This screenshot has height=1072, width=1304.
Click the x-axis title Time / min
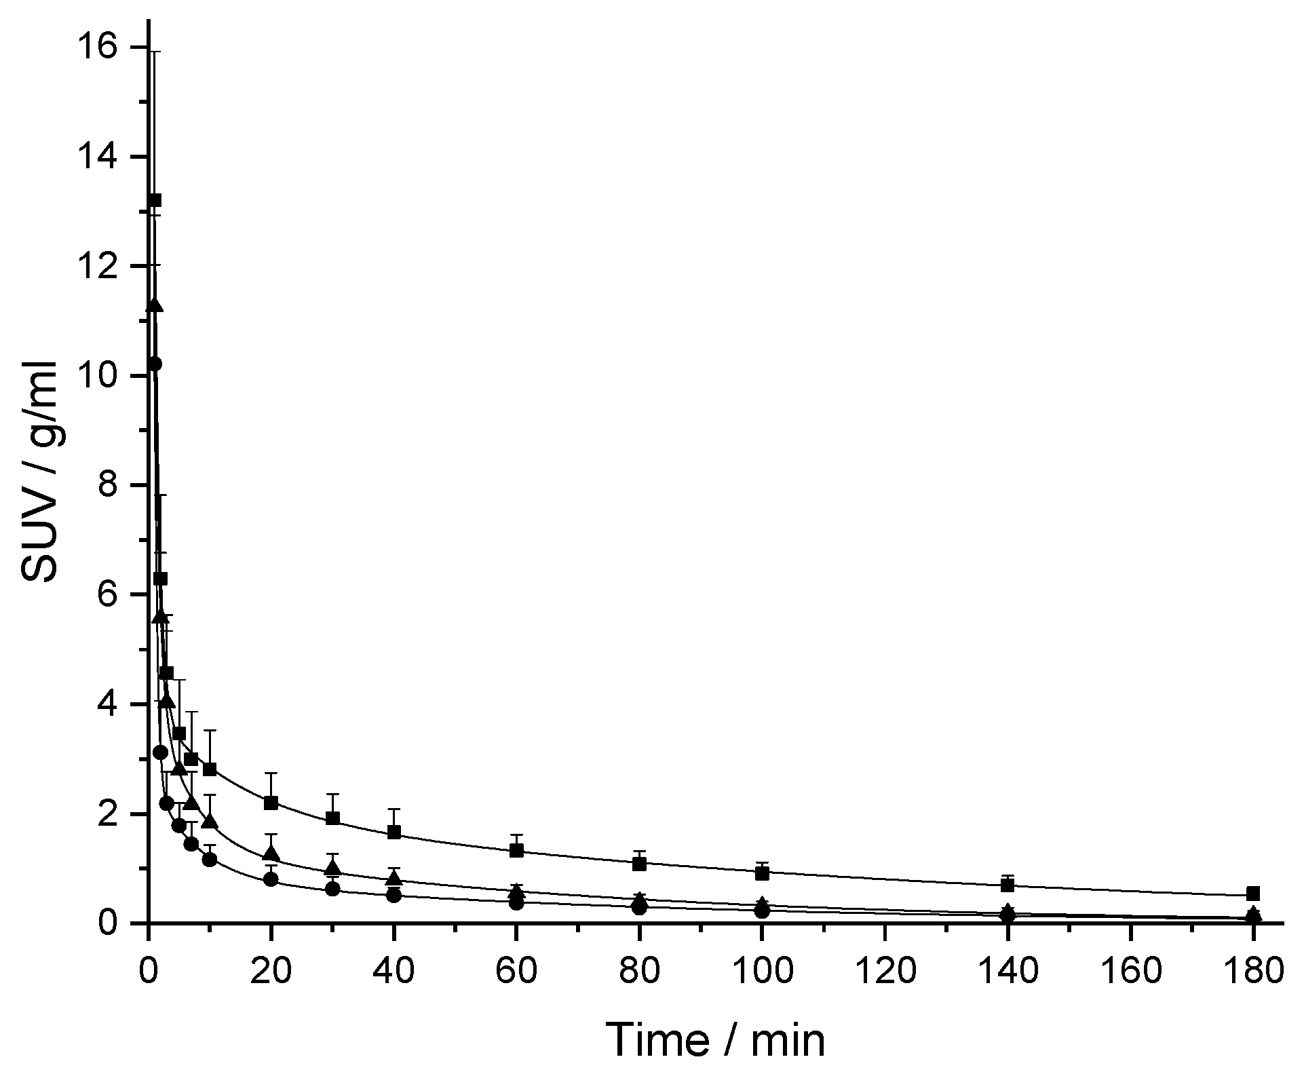716,1039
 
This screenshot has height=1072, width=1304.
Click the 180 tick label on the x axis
1253,971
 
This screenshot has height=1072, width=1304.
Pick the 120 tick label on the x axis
885,971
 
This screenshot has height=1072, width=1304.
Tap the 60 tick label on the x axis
516,971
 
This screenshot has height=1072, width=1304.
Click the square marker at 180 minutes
1253,894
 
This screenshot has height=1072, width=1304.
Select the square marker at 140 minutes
1008,885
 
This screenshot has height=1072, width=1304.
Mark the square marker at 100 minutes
762,873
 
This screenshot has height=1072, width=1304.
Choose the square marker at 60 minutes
516,850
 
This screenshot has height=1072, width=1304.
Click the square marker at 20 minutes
271,803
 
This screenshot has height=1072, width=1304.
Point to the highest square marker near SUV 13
155,200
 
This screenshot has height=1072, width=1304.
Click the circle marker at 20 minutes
271,879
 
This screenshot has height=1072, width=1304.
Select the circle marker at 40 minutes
394,896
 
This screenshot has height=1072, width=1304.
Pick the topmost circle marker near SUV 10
155,364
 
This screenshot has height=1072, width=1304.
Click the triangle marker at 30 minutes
332,868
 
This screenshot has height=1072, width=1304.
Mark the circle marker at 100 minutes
762,911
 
